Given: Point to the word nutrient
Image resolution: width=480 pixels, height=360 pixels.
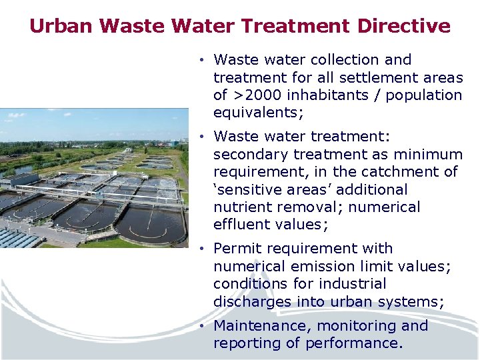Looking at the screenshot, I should coord(241,207).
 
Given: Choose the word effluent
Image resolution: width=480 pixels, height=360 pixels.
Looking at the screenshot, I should coord(241,224).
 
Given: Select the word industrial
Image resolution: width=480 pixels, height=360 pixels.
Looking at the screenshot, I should coord(353,284).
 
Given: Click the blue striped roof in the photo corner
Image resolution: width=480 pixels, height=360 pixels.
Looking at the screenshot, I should coord(17,237).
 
